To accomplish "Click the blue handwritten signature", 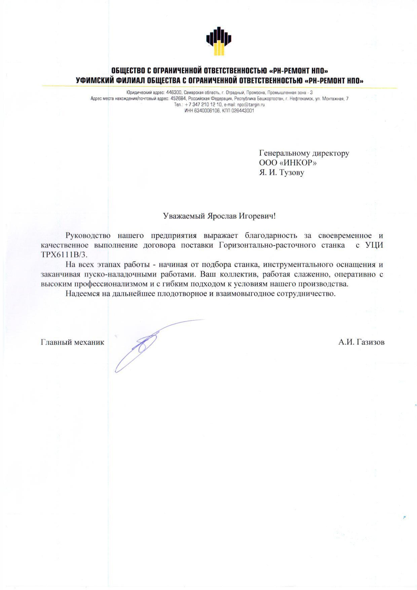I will click(x=144, y=344).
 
